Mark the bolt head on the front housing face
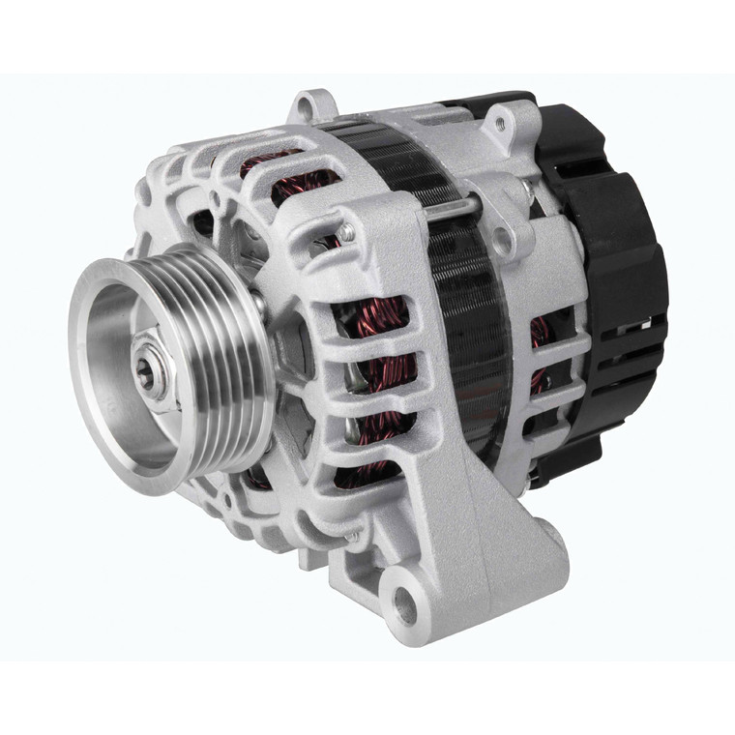point(345,232)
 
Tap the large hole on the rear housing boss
point(501,239)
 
